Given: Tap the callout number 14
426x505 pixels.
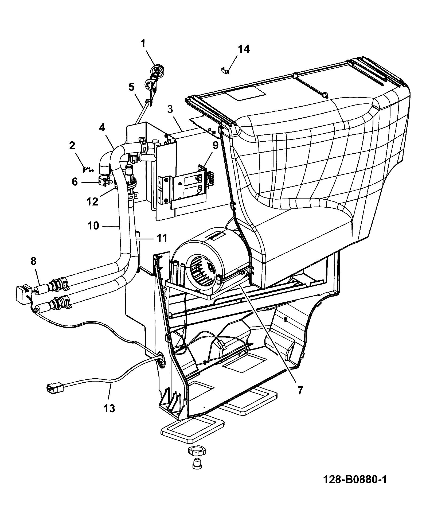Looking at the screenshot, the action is click(x=244, y=49).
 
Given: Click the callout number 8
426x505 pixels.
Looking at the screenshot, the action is click(x=33, y=261).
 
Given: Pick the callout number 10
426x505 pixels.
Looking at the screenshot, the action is click(x=93, y=226).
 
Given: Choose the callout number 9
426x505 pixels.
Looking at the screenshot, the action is click(x=216, y=146).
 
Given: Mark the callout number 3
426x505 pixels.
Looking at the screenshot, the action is click(x=170, y=109).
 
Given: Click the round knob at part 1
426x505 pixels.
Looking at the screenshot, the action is click(x=158, y=70).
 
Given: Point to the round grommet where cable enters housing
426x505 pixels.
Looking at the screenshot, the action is click(x=161, y=357).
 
